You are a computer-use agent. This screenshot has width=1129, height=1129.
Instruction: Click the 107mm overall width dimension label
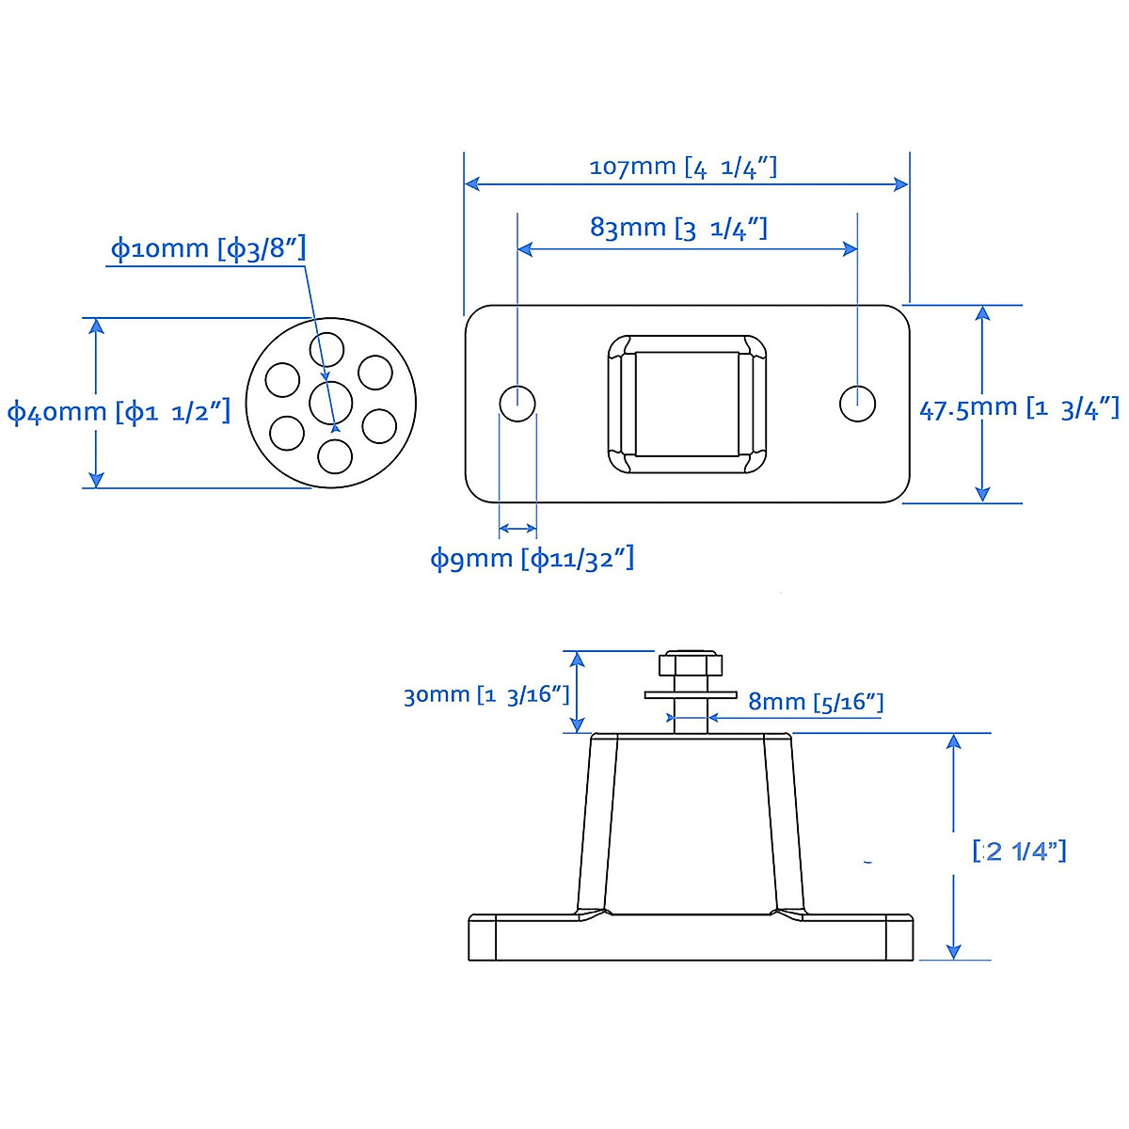(683, 167)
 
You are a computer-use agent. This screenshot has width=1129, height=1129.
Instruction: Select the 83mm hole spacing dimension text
(678, 228)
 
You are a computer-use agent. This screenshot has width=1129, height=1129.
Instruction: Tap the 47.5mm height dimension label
(1019, 408)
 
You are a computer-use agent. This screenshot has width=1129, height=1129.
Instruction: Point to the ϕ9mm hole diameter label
(532, 559)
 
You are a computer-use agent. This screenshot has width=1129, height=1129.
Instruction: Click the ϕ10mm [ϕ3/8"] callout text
(208, 249)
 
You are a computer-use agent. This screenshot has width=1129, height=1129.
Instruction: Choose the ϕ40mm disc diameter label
(119, 412)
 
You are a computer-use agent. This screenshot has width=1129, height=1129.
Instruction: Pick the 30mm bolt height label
(486, 695)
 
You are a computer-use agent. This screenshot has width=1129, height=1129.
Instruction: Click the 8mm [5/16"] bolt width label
(816, 702)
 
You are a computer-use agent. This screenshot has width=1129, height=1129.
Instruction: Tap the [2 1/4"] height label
(1019, 851)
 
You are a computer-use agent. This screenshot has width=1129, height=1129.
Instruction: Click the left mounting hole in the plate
(517, 404)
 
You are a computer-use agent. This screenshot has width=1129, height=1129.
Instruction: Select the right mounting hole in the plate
(857, 404)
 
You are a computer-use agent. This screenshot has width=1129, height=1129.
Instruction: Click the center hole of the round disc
(331, 404)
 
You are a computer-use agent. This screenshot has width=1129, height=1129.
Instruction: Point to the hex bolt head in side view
(691, 665)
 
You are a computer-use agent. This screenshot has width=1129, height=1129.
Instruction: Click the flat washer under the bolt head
(691, 695)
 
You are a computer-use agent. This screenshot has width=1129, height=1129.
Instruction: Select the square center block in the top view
(687, 404)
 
